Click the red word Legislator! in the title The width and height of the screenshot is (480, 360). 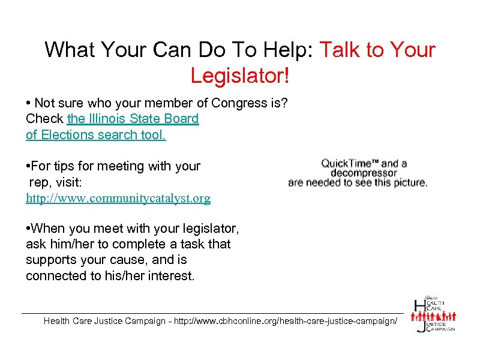point(240,76)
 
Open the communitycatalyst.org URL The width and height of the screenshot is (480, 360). point(118,198)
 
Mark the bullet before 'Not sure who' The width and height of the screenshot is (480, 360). point(29,103)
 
